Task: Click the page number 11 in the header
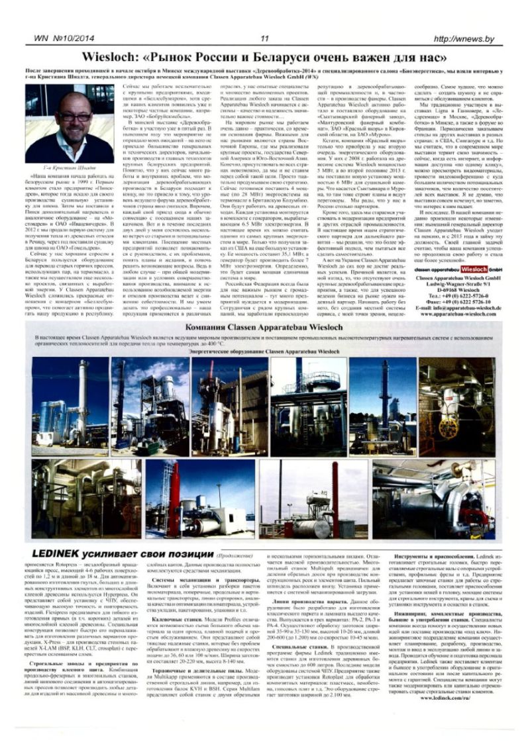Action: click(x=264, y=39)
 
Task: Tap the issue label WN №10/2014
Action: click(x=60, y=39)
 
